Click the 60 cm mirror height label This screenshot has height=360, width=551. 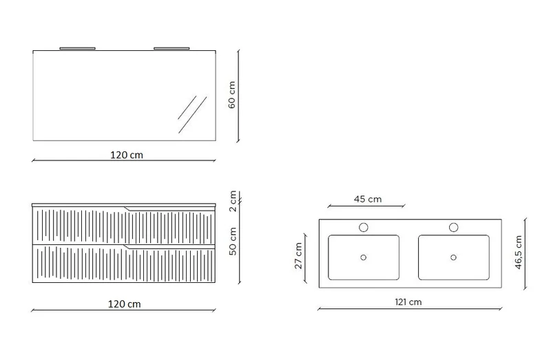pyautogui.click(x=232, y=95)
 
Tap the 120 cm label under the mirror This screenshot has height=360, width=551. pyautogui.click(x=127, y=155)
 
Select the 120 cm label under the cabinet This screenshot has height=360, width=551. pyautogui.click(x=124, y=304)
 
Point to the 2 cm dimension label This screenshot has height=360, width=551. pyautogui.click(x=233, y=201)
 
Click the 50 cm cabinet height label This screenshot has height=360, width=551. pyautogui.click(x=233, y=242)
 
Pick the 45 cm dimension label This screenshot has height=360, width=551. pyautogui.click(x=368, y=199)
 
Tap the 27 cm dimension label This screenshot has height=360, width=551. pyautogui.click(x=298, y=255)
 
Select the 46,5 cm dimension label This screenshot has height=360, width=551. pyautogui.click(x=519, y=252)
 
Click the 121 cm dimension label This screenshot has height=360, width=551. pyautogui.click(x=408, y=301)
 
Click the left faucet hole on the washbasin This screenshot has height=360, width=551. pyautogui.click(x=364, y=227)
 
